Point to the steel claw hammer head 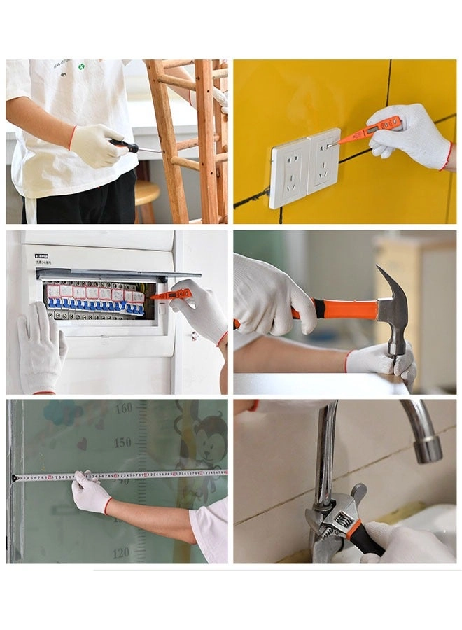(x=391, y=305)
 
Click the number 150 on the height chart (x=122, y=442)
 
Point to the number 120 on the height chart (x=120, y=552)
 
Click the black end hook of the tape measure (x=15, y=479)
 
